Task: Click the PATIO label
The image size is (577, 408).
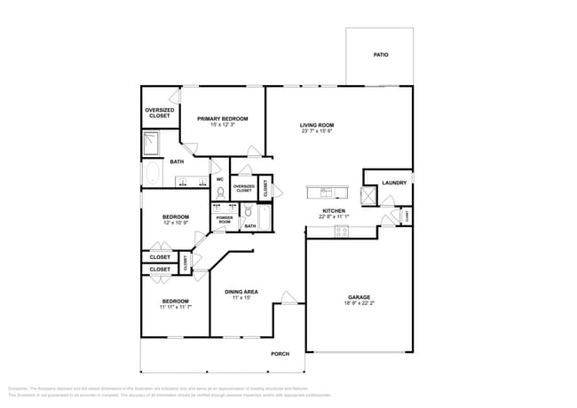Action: click(380, 55)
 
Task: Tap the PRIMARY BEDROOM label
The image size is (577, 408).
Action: click(223, 118)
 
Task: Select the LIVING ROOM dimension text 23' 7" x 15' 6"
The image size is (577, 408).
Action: click(316, 132)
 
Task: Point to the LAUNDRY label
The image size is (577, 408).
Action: click(394, 183)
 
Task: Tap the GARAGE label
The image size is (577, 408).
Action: click(359, 297)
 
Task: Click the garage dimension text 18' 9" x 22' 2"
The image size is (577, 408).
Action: click(359, 304)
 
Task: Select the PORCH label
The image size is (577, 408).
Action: click(281, 353)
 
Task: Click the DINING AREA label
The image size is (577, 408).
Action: click(241, 291)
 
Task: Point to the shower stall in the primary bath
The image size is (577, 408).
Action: click(152, 141)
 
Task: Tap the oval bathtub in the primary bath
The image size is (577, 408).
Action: click(152, 174)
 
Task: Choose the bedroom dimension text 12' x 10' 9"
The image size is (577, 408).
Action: click(175, 224)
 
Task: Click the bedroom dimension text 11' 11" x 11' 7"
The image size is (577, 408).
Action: click(175, 308)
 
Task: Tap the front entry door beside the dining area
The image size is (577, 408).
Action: click(288, 298)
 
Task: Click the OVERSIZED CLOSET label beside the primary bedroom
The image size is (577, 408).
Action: click(159, 113)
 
